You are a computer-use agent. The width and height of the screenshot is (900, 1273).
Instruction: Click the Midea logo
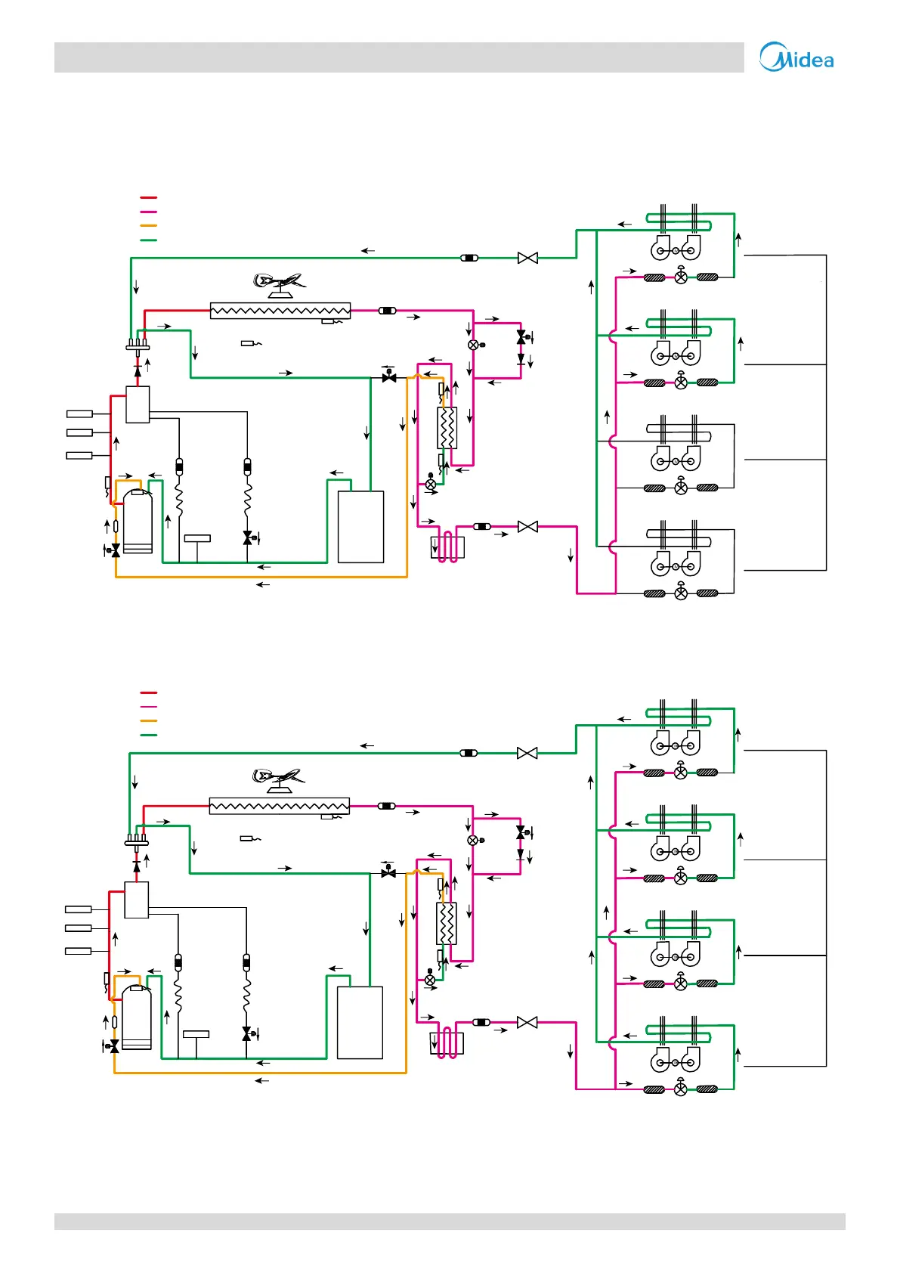click(796, 57)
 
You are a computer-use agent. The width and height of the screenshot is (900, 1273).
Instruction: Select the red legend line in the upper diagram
click(148, 198)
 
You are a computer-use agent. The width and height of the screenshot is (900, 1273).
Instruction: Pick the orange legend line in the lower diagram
click(148, 720)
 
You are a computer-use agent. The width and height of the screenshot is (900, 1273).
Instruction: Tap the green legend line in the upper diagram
click(148, 240)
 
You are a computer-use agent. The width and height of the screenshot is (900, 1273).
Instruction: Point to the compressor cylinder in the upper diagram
click(138, 522)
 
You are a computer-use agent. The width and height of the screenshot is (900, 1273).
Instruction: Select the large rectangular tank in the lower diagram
click(360, 1023)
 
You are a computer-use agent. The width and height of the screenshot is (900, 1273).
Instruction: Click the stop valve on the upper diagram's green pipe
click(527, 259)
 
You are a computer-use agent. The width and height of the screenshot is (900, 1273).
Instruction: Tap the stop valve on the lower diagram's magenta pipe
click(527, 1023)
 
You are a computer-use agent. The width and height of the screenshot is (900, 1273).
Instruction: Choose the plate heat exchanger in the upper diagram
click(447, 428)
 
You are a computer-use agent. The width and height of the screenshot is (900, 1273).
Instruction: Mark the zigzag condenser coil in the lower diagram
click(279, 806)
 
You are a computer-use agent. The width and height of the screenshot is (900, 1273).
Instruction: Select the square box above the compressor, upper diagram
click(138, 404)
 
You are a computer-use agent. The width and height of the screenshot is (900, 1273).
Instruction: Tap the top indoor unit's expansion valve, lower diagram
click(681, 773)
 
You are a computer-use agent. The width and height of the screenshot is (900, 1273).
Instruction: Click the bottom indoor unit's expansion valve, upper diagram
click(681, 593)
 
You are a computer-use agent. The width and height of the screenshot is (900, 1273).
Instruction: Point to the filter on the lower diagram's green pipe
click(469, 754)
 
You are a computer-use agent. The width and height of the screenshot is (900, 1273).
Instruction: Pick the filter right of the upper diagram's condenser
click(388, 311)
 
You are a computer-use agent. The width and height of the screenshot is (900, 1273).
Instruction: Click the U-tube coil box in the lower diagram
click(447, 1042)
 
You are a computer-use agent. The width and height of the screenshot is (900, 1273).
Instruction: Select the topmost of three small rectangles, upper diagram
click(79, 414)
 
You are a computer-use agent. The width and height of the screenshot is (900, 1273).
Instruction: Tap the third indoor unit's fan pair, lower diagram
click(676, 954)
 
